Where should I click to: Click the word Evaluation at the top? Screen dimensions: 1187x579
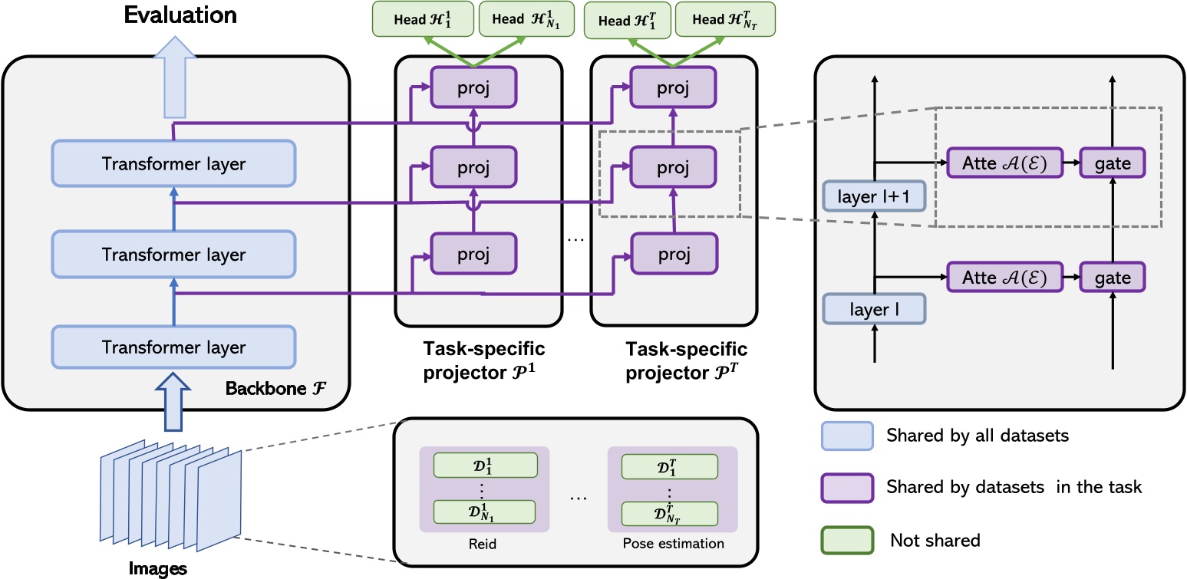pos(180,15)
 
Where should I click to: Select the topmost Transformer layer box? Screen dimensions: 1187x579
pos(174,163)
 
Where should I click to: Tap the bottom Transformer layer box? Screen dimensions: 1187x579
pos(174,347)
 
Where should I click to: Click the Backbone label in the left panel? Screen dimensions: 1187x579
pos(275,388)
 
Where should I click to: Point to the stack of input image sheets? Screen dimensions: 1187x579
pos(170,495)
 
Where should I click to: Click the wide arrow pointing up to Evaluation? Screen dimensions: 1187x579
pos(175,77)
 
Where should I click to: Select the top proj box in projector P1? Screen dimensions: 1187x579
pos(473,87)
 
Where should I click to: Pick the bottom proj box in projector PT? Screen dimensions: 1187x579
pos(674,255)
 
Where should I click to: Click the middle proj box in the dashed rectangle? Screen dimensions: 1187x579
pos(673,167)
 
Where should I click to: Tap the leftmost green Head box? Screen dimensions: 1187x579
pos(423,19)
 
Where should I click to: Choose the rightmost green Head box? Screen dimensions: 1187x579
pos(725,20)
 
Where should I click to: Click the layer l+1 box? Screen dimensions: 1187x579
pos(874,196)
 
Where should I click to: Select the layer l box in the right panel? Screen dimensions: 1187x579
pos(874,309)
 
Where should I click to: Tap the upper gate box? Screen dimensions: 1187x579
pos(1113,163)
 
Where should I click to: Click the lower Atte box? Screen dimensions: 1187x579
pos(1004,277)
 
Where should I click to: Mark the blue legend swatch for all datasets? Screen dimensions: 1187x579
pos(847,436)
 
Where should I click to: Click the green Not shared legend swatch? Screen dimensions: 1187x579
pos(847,541)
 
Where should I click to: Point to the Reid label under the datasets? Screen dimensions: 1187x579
pos(482,544)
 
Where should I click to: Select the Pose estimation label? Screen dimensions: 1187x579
pos(673,544)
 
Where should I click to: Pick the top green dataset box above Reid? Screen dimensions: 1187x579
pos(486,465)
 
